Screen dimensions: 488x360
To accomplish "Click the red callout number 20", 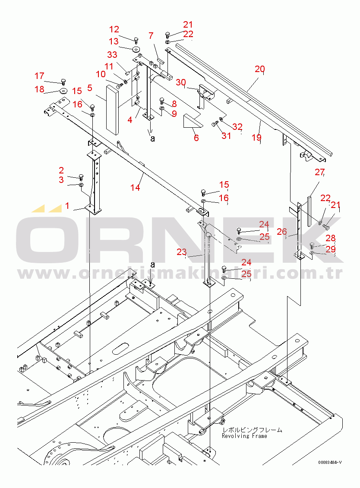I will (x=259, y=69).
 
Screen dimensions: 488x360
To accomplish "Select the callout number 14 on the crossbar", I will (x=136, y=187).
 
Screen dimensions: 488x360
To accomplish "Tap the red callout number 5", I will (x=89, y=88).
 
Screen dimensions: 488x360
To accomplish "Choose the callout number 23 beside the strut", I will (x=182, y=252).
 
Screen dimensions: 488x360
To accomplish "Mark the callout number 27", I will (x=319, y=172).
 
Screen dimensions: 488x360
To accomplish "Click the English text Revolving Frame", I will (x=244, y=436).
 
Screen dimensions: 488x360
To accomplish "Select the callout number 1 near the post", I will (x=67, y=206).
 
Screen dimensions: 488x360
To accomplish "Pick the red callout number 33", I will (x=112, y=55).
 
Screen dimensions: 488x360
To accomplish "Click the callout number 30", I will (x=181, y=82).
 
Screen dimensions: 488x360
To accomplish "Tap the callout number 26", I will (x=281, y=232).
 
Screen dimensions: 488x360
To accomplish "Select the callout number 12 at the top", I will (x=114, y=29).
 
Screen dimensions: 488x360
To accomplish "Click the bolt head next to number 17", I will (x=63, y=81).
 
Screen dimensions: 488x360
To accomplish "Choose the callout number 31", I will (x=226, y=135).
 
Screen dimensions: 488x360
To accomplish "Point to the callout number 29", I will (x=331, y=249).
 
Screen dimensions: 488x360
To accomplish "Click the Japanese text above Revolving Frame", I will (x=252, y=430).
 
